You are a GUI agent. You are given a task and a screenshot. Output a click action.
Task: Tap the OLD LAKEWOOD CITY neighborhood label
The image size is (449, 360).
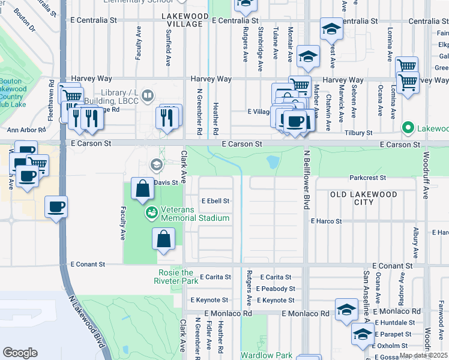tap(364, 198)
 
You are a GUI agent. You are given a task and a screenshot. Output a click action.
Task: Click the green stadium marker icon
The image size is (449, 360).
tap(150, 212)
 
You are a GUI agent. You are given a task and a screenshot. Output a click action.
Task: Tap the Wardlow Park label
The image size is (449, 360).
tap(267, 355)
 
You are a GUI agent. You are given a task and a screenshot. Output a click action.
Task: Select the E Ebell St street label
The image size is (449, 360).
tap(215, 201)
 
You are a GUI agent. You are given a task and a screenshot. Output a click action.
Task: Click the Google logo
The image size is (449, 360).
tap(20, 352)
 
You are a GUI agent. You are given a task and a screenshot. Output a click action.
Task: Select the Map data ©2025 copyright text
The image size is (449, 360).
tap(423, 355)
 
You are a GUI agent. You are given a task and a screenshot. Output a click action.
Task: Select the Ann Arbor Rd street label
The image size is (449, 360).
tap(26, 130)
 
